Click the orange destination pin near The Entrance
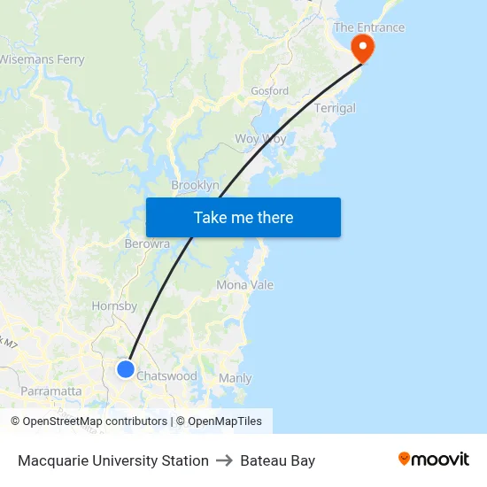(363, 46)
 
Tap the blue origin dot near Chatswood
(126, 369)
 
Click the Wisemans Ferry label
(42, 59)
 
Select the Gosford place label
(269, 91)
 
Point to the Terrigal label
(335, 108)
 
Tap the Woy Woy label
(259, 139)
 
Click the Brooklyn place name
(195, 185)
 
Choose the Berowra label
(147, 243)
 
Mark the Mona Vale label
(244, 285)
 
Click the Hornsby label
(114, 306)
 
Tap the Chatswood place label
(166, 376)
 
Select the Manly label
(235, 378)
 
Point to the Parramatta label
(50, 390)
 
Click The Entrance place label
(368, 27)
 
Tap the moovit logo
(433, 460)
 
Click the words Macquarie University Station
(113, 460)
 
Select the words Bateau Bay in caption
(277, 460)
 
